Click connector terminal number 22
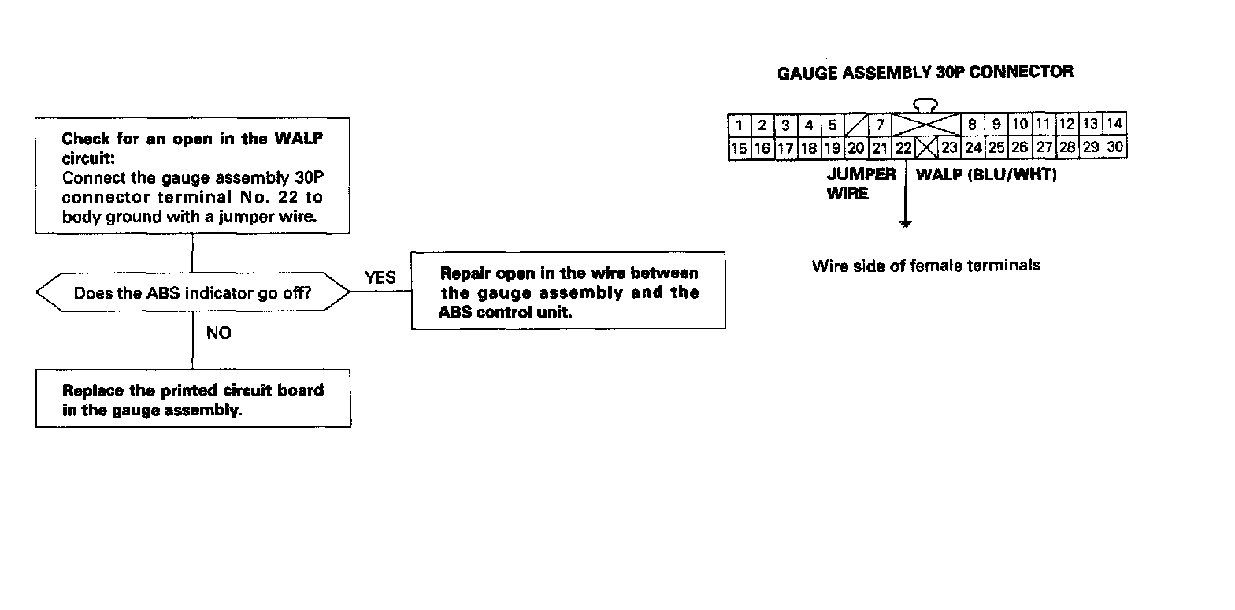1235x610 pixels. coord(903,147)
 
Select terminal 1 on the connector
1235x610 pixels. coord(740,125)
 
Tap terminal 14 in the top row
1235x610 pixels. coord(1114,124)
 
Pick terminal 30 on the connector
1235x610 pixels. coord(1114,147)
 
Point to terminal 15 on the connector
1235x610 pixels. coord(740,147)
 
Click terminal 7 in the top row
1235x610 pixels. coord(879,125)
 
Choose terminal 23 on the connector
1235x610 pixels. coord(949,147)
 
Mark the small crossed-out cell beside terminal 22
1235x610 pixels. coord(926,147)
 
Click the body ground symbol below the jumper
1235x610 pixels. coord(906,224)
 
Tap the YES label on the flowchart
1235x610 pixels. coord(380,277)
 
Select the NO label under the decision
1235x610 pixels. coord(219,333)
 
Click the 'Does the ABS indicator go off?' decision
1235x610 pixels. coord(192,293)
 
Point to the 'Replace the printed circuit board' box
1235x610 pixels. coord(193,400)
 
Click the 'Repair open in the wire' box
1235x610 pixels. coord(568,292)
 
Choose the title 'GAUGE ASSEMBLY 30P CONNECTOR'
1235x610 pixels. coord(925,73)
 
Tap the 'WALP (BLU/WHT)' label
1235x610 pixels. coord(985,175)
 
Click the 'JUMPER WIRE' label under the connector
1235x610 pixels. coord(860,184)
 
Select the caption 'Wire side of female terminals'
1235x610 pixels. coord(925,266)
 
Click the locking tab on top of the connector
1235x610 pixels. coord(925,104)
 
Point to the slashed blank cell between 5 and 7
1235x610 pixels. coord(855,125)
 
